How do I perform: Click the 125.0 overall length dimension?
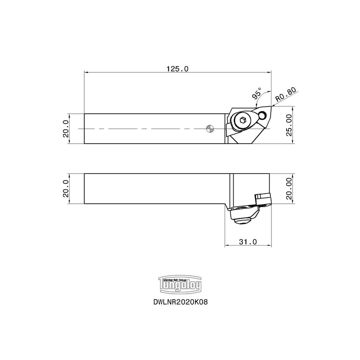pos(177,68)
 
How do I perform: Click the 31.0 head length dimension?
pos(248,242)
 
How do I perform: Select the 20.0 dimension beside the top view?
pos(66,129)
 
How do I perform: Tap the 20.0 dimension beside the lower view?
pos(66,189)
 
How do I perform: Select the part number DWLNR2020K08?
pos(180,302)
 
